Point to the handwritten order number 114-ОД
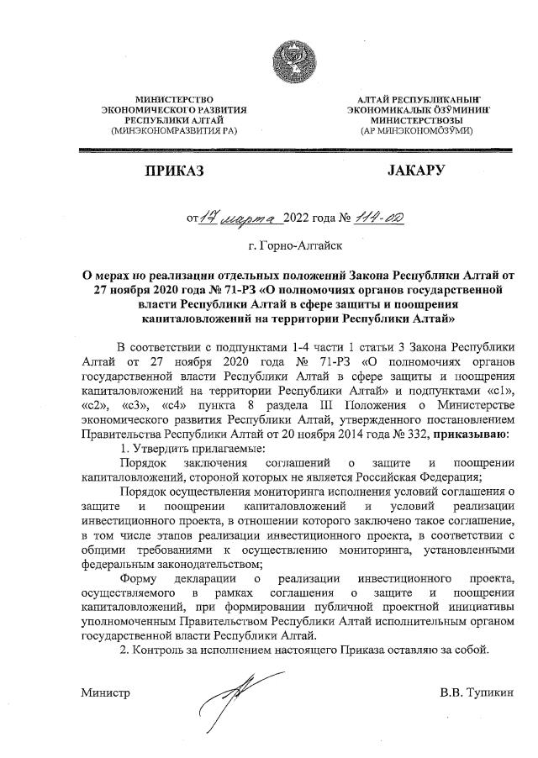[378, 217]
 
